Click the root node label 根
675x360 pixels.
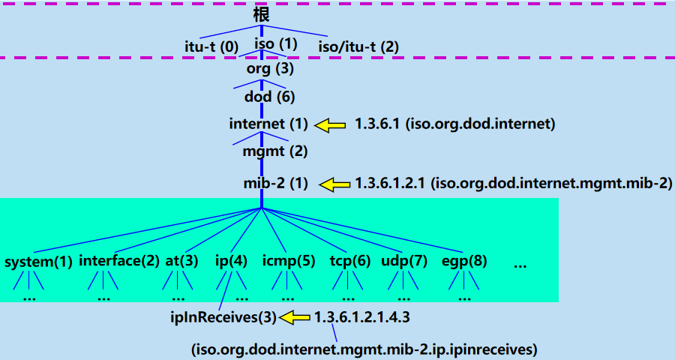[261, 14]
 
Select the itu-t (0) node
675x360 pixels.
[211, 46]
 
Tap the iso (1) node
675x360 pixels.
[276, 44]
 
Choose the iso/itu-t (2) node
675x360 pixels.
[358, 46]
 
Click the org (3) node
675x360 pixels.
[270, 69]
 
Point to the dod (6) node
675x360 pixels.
[270, 97]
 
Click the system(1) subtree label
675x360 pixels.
[38, 262]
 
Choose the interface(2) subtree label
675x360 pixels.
[119, 261]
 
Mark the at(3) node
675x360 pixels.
[181, 261]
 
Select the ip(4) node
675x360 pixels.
[231, 261]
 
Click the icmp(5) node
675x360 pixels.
[289, 261]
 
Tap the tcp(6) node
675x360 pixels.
[350, 261]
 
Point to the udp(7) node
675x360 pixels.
[404, 261]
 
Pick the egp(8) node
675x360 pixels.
[465, 261]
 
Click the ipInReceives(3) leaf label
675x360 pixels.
[223, 317]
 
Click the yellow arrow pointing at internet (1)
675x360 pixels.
[329, 124]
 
